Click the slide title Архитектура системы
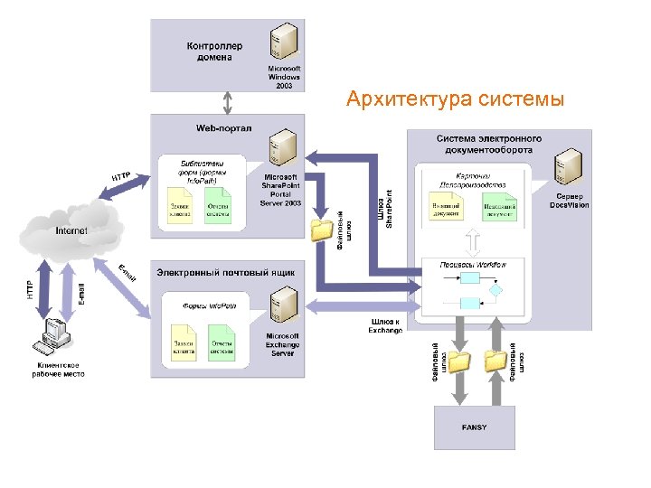coord(455,99)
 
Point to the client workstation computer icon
coord(53,340)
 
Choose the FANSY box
coord(474,427)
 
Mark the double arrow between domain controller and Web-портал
coord(228,102)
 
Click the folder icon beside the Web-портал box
coord(321,230)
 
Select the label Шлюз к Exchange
coord(386,325)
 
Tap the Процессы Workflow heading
coord(472,265)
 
